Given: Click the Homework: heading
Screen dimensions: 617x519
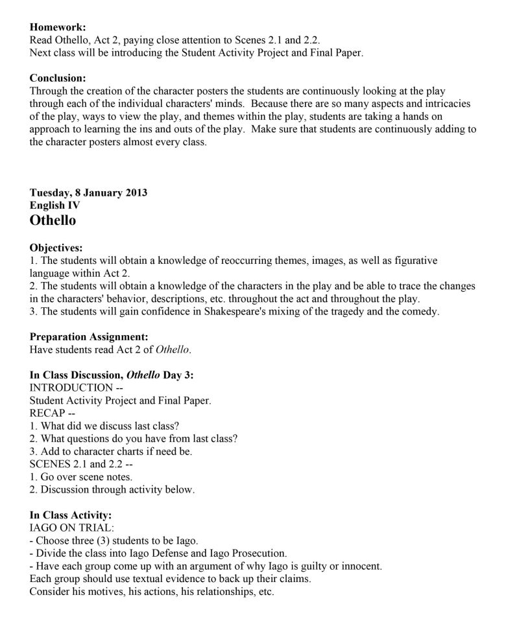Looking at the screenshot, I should click(x=58, y=27).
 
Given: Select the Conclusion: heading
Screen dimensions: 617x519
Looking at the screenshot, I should click(x=58, y=78).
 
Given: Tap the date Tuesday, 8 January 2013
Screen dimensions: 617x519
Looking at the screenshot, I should click(x=88, y=192).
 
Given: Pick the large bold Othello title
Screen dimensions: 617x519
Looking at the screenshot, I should click(x=53, y=220).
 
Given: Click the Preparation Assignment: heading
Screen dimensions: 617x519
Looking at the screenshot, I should click(x=89, y=337).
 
